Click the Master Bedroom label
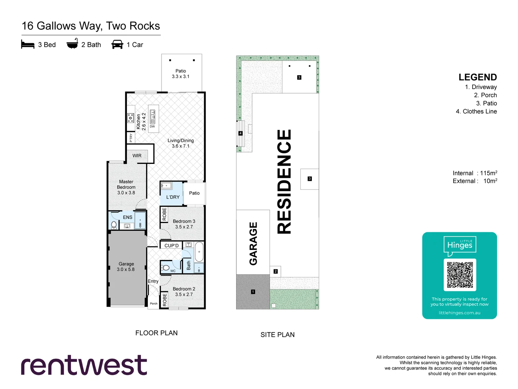(126, 187)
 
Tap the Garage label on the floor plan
(126, 267)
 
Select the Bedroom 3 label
(184, 224)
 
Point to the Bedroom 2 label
(184, 291)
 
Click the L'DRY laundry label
(173, 197)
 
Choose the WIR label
(137, 156)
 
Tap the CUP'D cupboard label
(171, 246)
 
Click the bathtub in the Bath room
(199, 252)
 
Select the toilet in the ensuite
(114, 225)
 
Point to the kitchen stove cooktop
(131, 117)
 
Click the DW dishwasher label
(152, 126)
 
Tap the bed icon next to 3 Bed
(28, 45)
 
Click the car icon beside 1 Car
(117, 45)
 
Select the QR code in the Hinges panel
(460, 275)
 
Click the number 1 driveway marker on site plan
(253, 292)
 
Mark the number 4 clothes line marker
(241, 133)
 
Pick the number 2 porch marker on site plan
(276, 271)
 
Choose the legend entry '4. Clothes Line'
(476, 112)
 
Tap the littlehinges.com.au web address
(459, 313)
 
